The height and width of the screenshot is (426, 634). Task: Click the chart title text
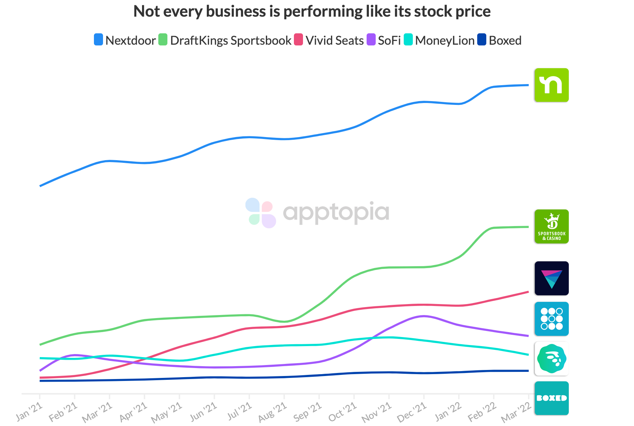click(x=312, y=12)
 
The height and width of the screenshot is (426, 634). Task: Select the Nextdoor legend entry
click(x=125, y=40)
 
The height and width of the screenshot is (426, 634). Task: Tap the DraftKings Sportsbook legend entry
click(x=225, y=40)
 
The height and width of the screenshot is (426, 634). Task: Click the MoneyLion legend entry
click(x=439, y=40)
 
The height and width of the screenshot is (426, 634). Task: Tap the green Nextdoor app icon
click(x=551, y=85)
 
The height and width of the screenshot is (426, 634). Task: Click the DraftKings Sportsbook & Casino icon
click(x=551, y=226)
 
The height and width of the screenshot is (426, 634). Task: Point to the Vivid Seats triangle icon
click(x=551, y=278)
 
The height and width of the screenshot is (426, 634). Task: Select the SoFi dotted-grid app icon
click(x=551, y=319)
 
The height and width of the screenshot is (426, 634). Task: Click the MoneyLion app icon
click(x=551, y=359)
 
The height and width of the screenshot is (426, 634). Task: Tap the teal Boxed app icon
click(x=551, y=398)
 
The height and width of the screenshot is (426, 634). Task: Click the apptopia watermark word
click(x=336, y=212)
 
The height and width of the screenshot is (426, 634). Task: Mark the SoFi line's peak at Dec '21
click(x=424, y=316)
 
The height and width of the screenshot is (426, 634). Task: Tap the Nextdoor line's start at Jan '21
click(x=40, y=186)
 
